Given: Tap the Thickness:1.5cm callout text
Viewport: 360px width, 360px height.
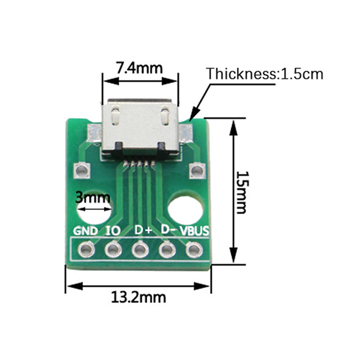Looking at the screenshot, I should point(265,73).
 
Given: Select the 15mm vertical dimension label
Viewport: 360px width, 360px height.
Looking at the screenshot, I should point(242,192).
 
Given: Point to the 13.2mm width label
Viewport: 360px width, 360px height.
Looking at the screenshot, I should point(139,297).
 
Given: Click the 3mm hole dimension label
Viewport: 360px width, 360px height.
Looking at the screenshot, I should point(92,197).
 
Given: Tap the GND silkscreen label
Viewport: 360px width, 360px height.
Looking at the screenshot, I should point(85,231).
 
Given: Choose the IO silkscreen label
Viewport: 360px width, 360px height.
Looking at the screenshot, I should point(112,231).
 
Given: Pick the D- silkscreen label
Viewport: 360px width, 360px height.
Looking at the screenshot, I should point(168,229).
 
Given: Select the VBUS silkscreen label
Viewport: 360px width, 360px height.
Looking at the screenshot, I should point(194,231).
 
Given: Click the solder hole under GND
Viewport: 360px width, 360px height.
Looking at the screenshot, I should point(86,249).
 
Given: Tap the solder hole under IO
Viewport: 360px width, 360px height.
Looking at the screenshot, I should point(113,249).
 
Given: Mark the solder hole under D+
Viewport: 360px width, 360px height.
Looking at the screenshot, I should point(140,249).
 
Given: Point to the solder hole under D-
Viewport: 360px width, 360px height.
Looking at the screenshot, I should point(167,249).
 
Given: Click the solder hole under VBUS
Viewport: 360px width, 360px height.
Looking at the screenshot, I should point(194,249).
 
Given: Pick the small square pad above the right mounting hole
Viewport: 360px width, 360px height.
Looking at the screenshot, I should point(197,170).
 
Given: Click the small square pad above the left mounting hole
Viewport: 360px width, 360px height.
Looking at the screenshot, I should point(82,170).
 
